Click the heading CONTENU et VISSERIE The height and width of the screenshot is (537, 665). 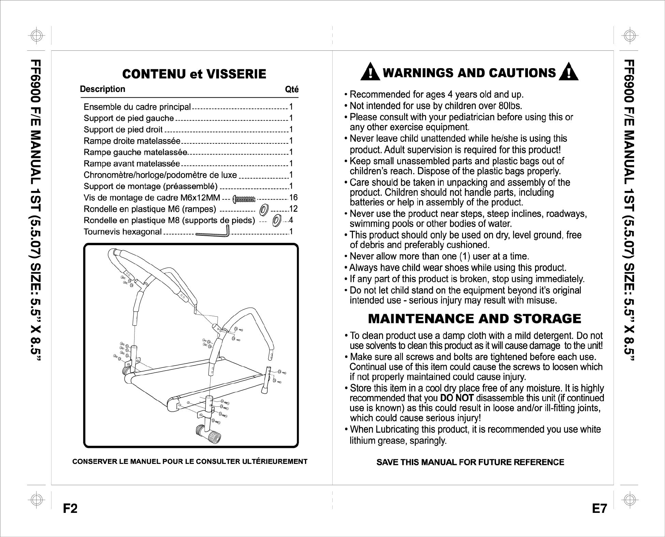194,74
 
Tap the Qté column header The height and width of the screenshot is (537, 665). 291,89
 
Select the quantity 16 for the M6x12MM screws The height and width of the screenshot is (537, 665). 293,198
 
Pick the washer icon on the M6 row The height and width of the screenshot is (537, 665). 264,209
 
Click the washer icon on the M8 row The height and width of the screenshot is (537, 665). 276,221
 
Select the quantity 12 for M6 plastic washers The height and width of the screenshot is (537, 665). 293,209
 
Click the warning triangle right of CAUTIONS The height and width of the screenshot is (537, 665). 568,72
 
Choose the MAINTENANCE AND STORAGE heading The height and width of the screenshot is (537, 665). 474,318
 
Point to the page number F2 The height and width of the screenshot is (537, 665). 70,509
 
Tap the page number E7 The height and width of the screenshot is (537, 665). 599,509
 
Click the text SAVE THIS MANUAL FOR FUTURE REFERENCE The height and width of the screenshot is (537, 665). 470,462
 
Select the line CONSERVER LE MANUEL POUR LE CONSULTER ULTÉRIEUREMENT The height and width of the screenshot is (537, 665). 190,462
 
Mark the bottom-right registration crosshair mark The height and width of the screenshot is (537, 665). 629,499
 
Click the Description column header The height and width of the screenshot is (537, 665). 103,89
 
